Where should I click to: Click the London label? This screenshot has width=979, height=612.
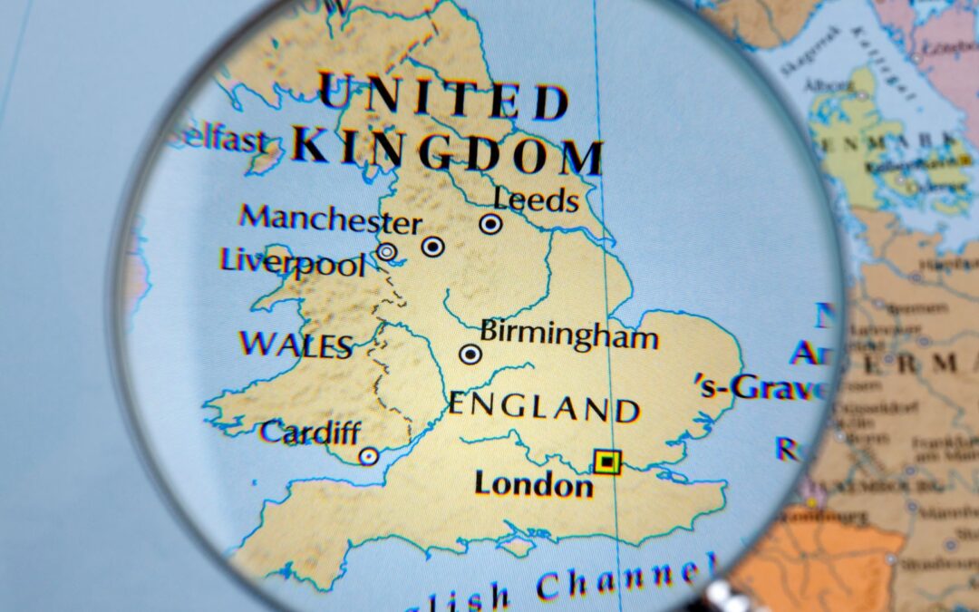point(533,483)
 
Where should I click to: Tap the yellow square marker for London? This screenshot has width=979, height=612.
point(607,462)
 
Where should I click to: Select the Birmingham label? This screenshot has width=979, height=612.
point(568,335)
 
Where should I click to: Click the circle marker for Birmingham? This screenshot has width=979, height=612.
point(470,355)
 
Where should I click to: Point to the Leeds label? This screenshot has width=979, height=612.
point(536,199)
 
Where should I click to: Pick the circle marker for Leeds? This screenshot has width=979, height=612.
point(490,223)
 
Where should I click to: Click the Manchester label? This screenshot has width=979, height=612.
point(330,219)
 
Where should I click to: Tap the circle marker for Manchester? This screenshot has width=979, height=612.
point(433,246)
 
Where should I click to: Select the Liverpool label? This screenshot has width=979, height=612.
point(293,262)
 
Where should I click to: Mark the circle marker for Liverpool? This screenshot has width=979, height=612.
point(387,251)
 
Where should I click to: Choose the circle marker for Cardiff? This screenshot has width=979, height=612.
point(368,456)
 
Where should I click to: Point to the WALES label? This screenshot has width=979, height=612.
point(296,345)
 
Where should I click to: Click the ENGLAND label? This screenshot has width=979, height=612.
point(544,407)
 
